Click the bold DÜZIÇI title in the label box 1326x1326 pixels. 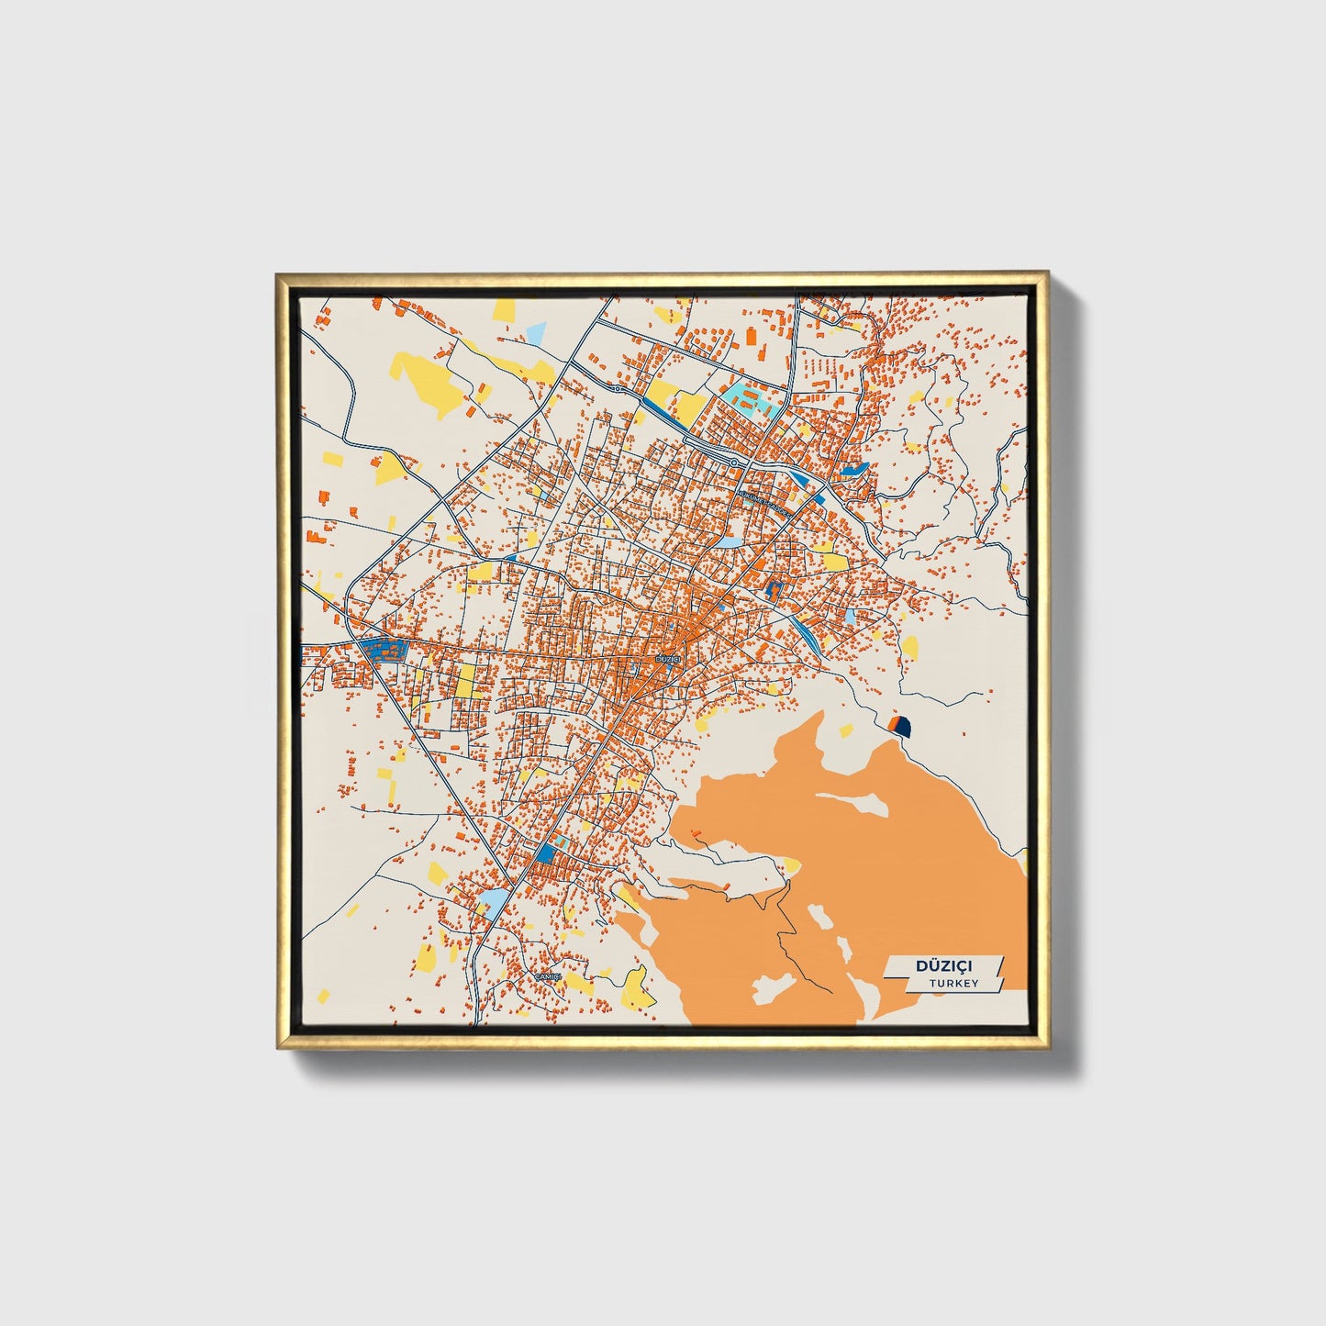(x=944, y=965)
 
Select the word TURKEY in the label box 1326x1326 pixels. (x=953, y=983)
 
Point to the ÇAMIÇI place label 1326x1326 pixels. (x=548, y=976)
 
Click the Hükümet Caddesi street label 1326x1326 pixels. (x=762, y=499)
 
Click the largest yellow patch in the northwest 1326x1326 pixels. (x=424, y=379)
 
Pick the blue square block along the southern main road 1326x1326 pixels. (x=546, y=854)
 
